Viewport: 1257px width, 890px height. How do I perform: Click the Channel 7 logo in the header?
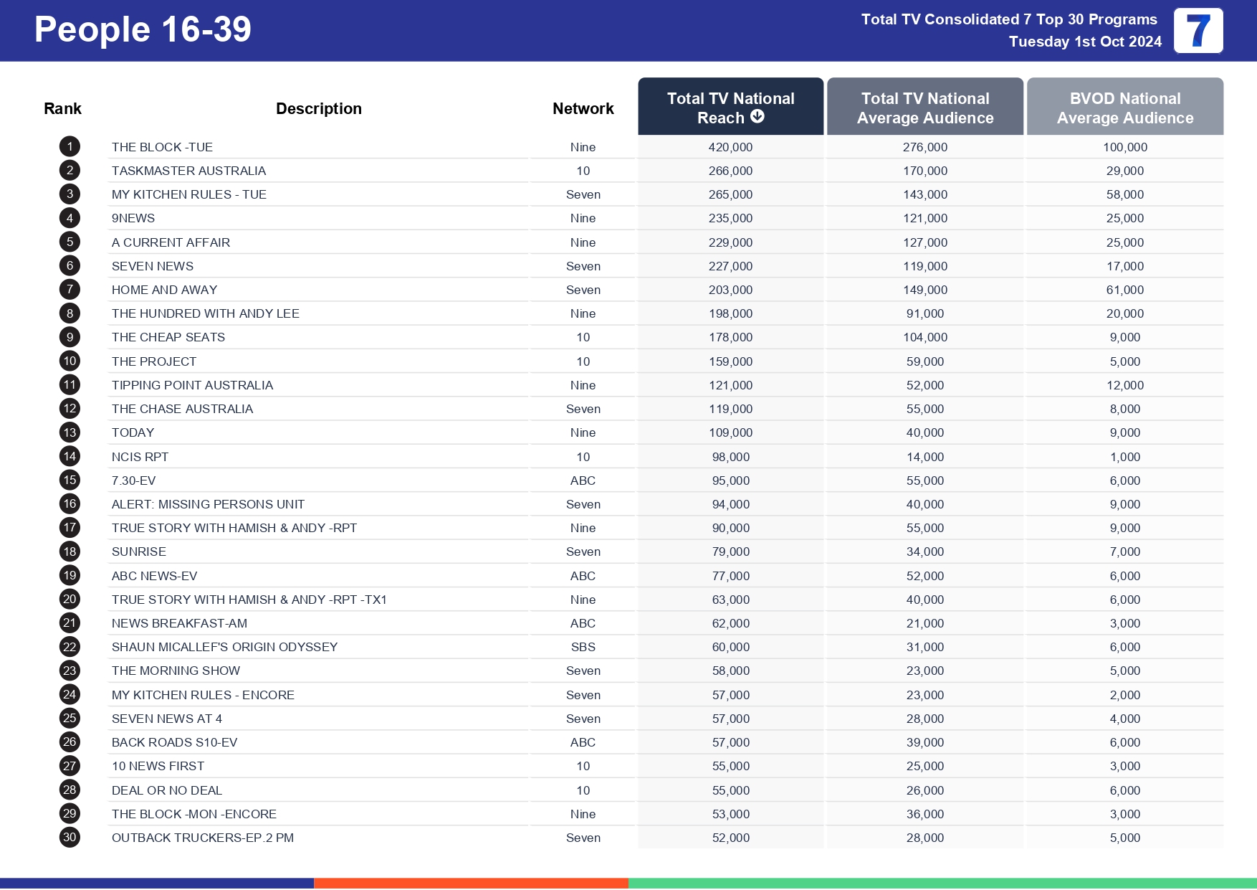[1198, 31]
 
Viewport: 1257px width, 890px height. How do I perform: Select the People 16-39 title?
[143, 30]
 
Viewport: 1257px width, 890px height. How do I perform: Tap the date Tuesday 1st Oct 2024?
[1085, 42]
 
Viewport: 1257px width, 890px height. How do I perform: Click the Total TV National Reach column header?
[730, 108]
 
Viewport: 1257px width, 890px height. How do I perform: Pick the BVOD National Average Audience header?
[1124, 108]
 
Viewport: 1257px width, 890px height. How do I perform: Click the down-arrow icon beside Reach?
[757, 117]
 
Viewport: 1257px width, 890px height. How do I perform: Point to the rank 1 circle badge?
[70, 147]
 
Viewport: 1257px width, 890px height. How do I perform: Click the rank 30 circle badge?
[70, 838]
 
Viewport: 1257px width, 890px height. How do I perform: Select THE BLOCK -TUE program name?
[162, 147]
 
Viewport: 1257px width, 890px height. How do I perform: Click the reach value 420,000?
[730, 147]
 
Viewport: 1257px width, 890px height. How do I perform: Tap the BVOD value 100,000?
[1124, 147]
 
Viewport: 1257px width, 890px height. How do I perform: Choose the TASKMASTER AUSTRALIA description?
[188, 171]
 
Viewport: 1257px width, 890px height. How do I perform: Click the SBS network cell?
[583, 647]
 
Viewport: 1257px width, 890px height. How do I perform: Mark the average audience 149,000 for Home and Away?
[924, 290]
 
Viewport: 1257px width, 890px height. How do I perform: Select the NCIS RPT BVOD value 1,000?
[1124, 457]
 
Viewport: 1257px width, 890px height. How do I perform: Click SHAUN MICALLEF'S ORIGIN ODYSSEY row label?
[224, 647]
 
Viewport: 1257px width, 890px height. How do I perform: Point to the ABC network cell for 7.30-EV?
[583, 480]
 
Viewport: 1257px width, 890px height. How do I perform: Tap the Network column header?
[583, 109]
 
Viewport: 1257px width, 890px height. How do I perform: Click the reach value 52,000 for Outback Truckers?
[730, 838]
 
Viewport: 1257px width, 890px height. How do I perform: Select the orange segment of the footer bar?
[471, 883]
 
